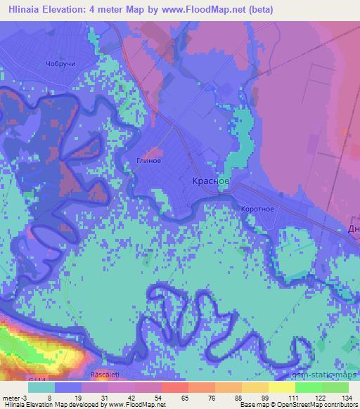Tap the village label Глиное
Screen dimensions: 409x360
click(x=148, y=160)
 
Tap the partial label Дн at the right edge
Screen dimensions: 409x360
click(x=353, y=229)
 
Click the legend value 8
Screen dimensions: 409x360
click(x=48, y=397)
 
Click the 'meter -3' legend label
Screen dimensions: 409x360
click(x=16, y=397)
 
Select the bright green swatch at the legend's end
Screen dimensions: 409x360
click(x=335, y=387)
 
